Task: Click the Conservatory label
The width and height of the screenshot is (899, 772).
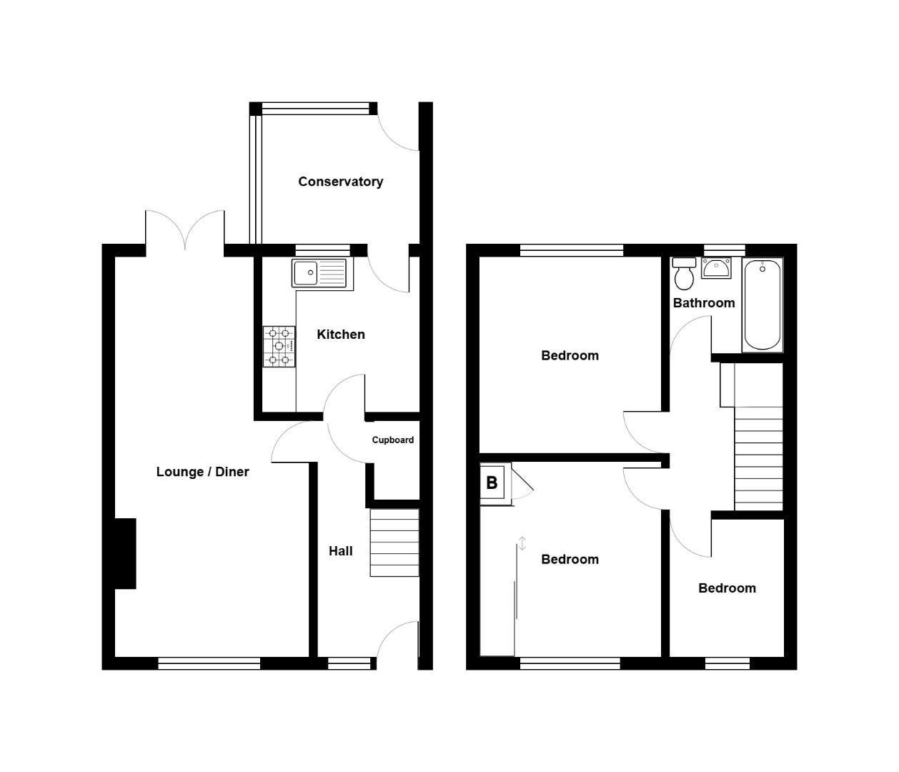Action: [x=340, y=182]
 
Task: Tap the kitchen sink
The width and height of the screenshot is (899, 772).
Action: [x=319, y=272]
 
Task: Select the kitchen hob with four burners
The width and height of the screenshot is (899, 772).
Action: [x=279, y=347]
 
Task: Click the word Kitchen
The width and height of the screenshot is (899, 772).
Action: [x=341, y=335]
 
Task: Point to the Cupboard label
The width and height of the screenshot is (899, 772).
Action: [x=392, y=440]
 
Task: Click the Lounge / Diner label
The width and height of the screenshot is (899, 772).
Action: [x=202, y=472]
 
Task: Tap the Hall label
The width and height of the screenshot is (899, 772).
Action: [x=341, y=551]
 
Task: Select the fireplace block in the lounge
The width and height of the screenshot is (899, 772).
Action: [x=125, y=554]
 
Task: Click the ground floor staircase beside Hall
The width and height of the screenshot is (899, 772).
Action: [x=394, y=543]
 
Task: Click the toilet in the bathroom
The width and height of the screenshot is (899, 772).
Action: [x=685, y=273]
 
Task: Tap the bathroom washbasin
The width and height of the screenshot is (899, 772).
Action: [x=716, y=268]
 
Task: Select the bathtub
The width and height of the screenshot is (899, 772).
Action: [x=763, y=305]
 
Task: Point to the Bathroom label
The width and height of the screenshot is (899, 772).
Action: [x=704, y=303]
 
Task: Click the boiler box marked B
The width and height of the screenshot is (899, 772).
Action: [x=492, y=483]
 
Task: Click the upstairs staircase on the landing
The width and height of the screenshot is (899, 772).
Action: [x=758, y=457]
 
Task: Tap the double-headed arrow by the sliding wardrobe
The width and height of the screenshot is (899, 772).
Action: [x=522, y=544]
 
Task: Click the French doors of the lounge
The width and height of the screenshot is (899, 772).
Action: [x=185, y=230]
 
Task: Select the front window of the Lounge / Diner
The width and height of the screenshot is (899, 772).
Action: [x=209, y=664]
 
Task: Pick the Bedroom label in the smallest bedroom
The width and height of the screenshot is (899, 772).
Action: [x=727, y=588]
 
